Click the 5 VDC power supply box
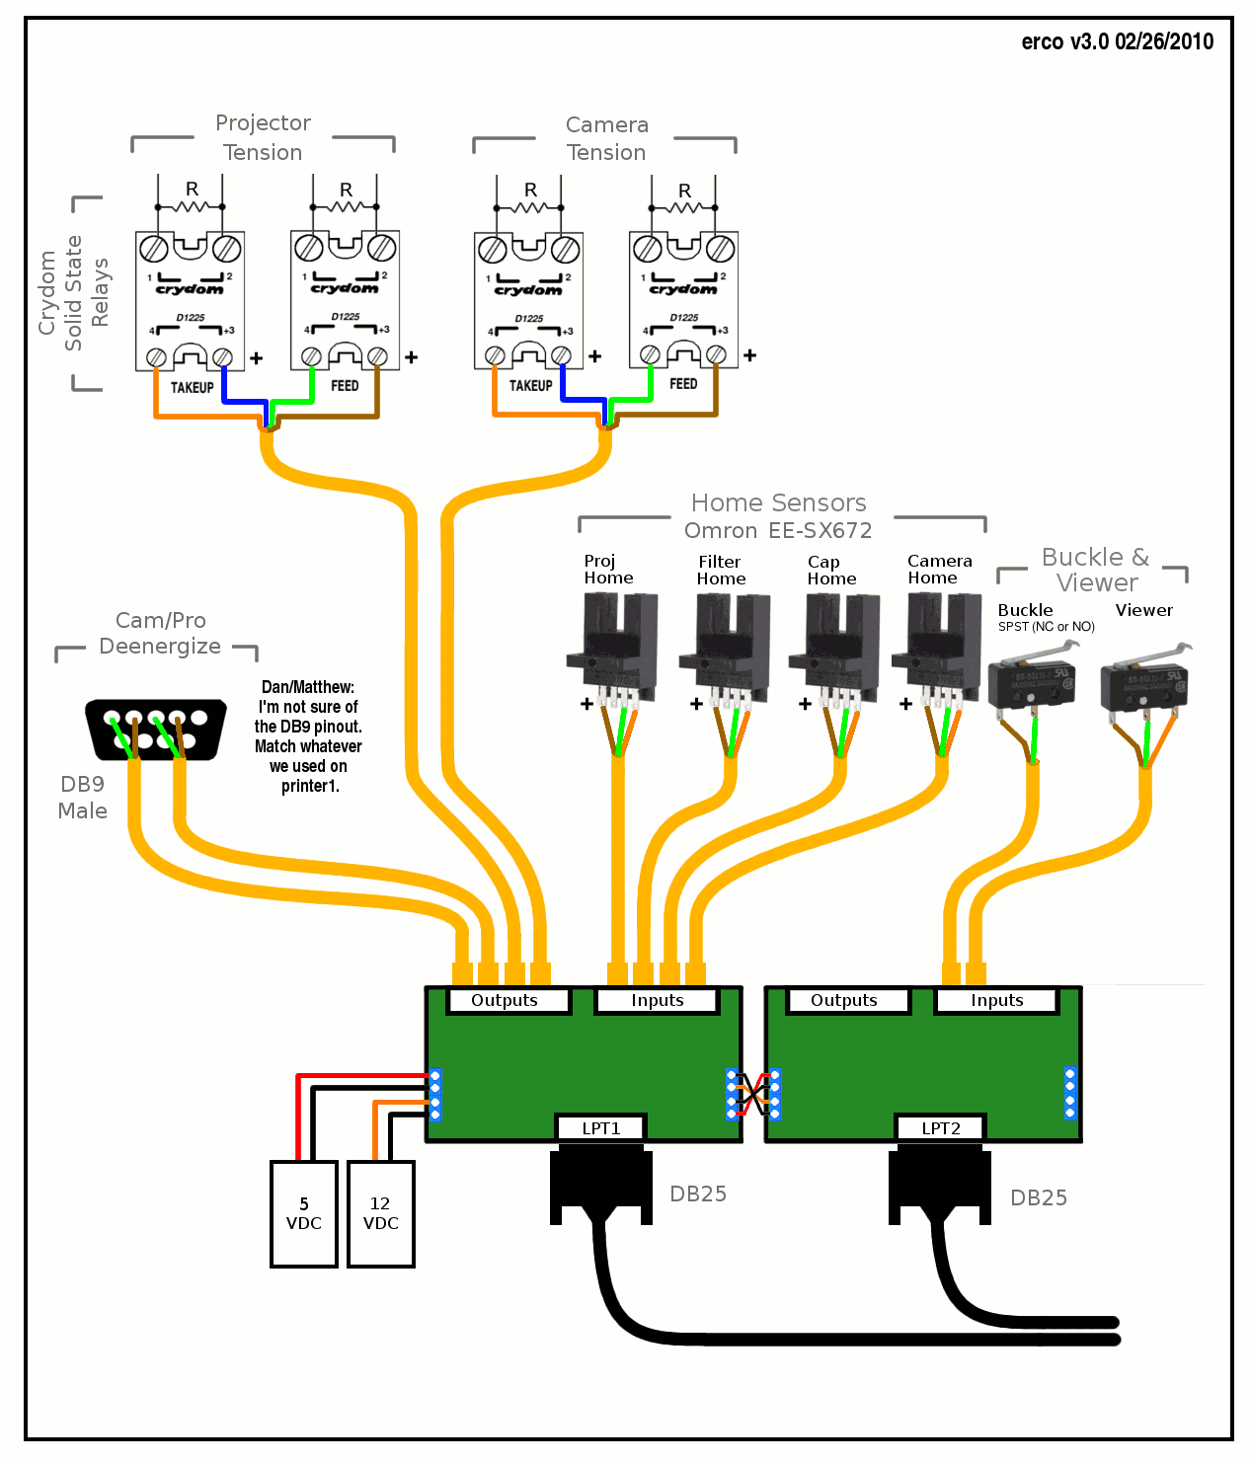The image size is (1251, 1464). click(x=303, y=1213)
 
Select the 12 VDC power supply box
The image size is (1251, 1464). click(x=380, y=1213)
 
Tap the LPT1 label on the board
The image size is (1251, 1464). click(x=600, y=1127)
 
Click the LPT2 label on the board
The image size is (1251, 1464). click(x=940, y=1127)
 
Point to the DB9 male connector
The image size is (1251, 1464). click(x=155, y=730)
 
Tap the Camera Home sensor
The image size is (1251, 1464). click(x=938, y=647)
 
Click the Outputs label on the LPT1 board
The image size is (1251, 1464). click(x=505, y=1000)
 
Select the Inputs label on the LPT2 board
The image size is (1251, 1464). click(x=996, y=1000)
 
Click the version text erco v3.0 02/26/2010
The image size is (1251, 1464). click(x=1117, y=41)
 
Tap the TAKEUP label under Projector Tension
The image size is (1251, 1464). click(x=192, y=387)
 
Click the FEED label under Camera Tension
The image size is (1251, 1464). click(x=683, y=384)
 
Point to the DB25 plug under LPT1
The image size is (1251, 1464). click(x=600, y=1185)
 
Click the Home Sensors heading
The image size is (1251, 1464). click(x=778, y=503)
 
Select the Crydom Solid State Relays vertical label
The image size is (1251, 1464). click(x=73, y=293)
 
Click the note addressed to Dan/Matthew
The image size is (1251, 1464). click(x=308, y=735)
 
